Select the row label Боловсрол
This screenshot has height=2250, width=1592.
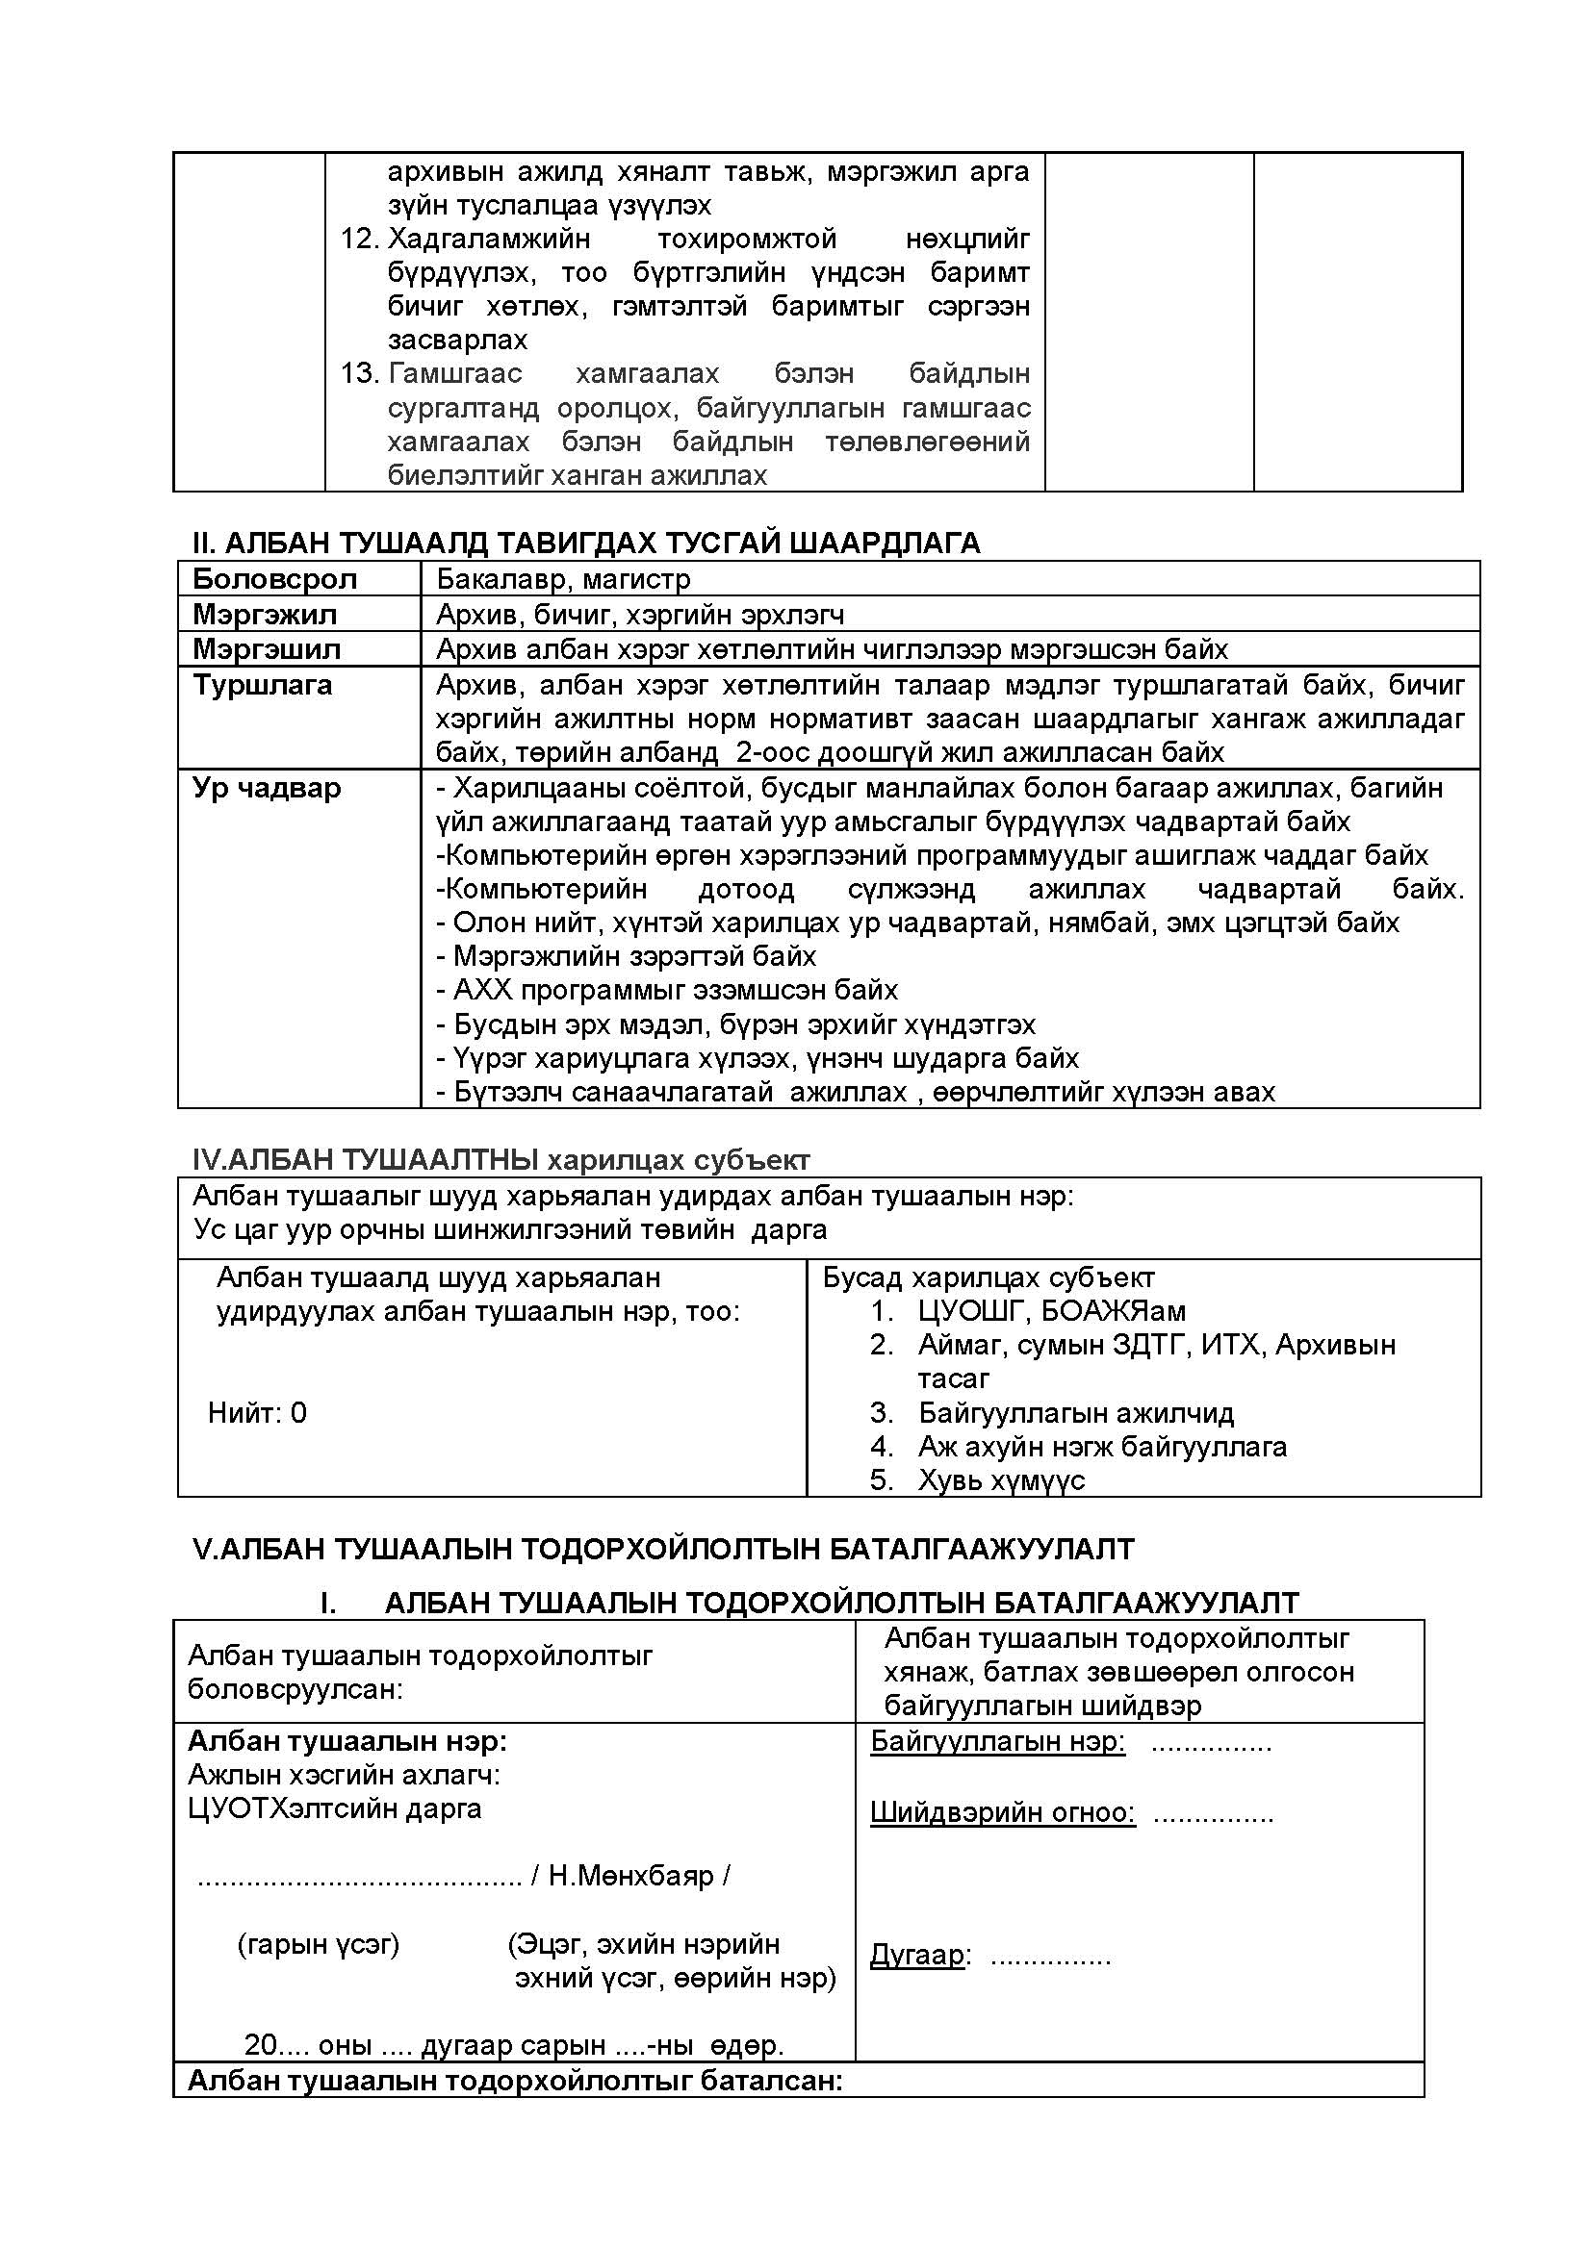pos(274,579)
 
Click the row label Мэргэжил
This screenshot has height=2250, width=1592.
pos(265,615)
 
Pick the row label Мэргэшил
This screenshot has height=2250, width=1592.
pos(267,648)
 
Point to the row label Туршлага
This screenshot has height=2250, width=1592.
pos(263,684)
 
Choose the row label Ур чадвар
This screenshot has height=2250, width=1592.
pos(267,788)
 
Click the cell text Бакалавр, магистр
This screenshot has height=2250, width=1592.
pos(564,579)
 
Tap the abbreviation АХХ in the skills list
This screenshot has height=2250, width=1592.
pos(483,990)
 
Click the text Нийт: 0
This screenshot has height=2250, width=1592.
pos(258,1412)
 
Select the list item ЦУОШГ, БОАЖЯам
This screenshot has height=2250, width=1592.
pos(1052,1310)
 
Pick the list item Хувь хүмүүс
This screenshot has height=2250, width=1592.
pos(1001,1479)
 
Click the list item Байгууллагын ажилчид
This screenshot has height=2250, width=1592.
pos(1075,1412)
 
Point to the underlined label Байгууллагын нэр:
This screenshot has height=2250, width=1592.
pos(998,1741)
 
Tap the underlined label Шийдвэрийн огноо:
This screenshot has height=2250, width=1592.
pos(1003,1812)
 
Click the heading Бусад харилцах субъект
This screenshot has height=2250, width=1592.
pos(989,1277)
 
